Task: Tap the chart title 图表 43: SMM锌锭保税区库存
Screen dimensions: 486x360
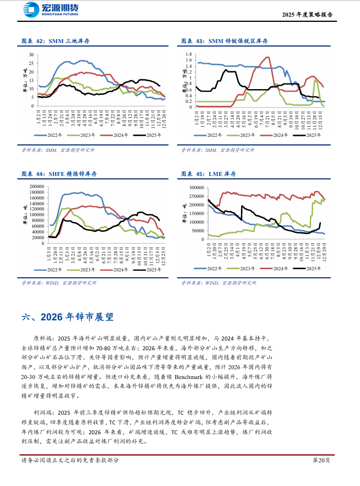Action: pos(224,41)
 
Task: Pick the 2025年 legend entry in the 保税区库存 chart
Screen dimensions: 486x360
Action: pos(305,135)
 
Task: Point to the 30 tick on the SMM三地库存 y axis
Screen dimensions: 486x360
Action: pos(32,55)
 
